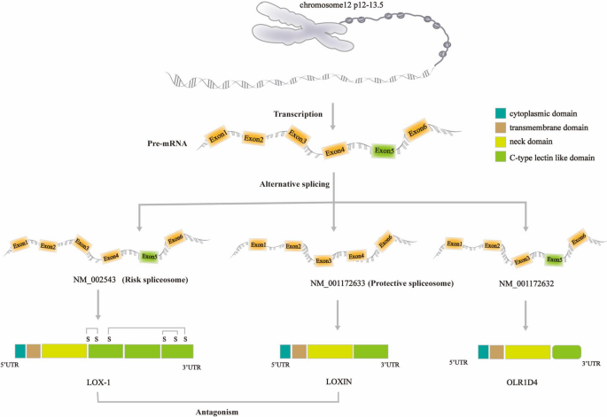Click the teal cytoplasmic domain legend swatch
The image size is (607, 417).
tap(501, 112)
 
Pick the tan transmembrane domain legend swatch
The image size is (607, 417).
tap(501, 127)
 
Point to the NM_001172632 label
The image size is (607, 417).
tap(526, 282)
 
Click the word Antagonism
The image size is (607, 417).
tap(219, 410)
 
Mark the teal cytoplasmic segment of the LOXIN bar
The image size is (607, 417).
tap(285, 351)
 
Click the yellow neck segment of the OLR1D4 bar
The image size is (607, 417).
tap(526, 351)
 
